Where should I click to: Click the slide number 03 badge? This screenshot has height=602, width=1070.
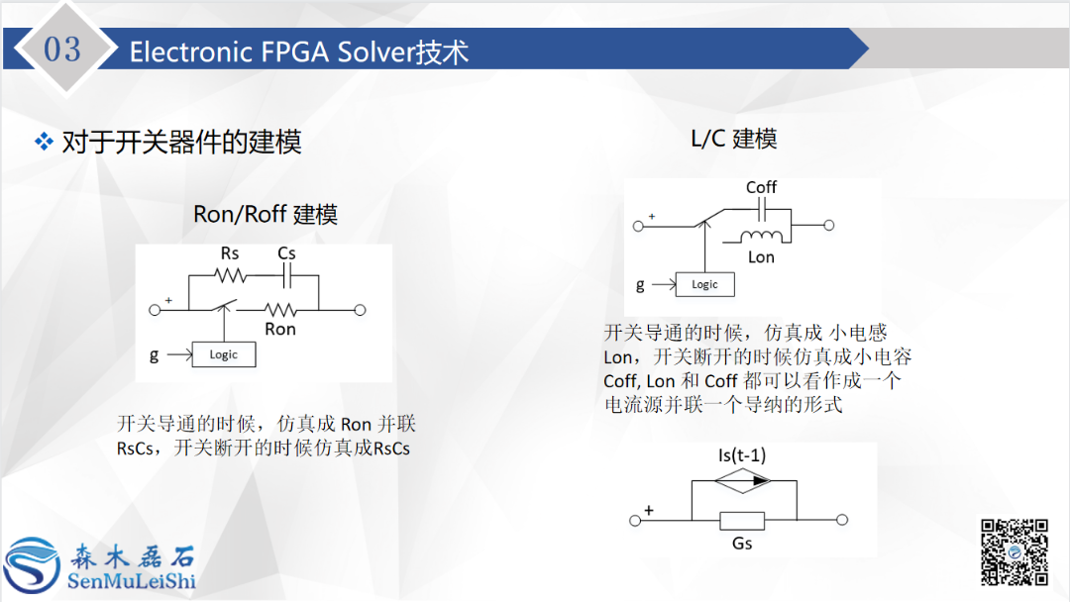point(62,49)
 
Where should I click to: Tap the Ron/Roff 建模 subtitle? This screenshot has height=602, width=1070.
point(265,214)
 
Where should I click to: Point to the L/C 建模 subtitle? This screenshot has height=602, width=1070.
point(733,139)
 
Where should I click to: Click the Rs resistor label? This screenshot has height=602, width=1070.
point(230,253)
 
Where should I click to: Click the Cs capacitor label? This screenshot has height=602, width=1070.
point(286,253)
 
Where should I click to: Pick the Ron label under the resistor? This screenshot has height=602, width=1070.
point(280,329)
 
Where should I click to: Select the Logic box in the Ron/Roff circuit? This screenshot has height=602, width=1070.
point(223,354)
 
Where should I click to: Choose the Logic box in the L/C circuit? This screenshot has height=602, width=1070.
point(704,284)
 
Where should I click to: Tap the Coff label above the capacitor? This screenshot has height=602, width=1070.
point(761,187)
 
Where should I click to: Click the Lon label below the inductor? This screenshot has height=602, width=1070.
point(761,256)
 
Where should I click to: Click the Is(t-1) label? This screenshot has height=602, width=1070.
point(742,455)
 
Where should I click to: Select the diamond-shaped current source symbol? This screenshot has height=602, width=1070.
point(742,481)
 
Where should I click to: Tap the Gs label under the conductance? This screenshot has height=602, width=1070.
point(742,543)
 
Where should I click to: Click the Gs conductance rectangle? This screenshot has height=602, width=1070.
point(742,520)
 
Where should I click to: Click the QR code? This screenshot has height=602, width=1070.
point(1014,551)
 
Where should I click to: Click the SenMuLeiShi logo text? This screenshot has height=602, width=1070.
point(131,579)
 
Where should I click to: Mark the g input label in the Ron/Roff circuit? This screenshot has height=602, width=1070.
point(154,354)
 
